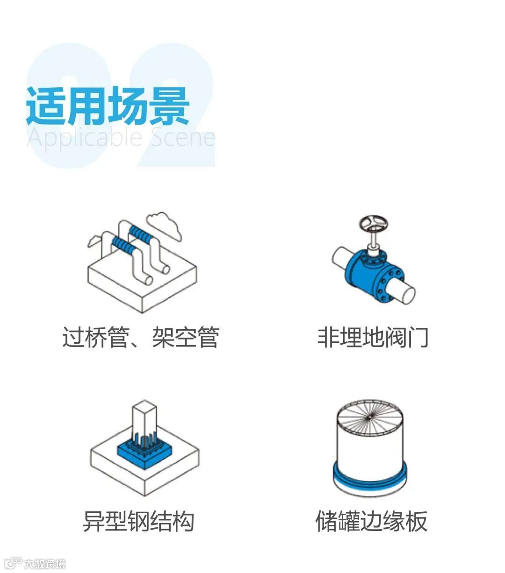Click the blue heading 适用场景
[x=108, y=106]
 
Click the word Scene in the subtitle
[x=183, y=138]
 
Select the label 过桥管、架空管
[x=141, y=337]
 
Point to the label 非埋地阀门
[x=373, y=337]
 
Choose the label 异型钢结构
[x=138, y=521]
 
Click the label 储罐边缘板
[x=372, y=521]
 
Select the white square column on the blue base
[x=144, y=420]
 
